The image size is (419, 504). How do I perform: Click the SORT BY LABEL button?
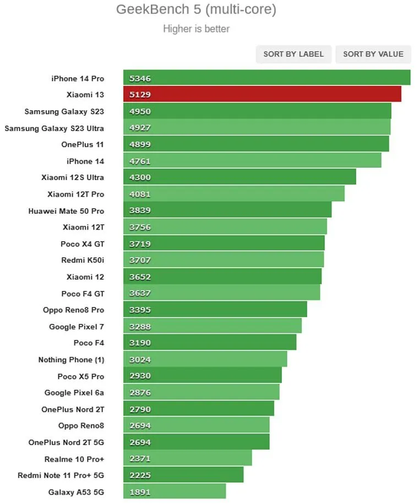tap(293, 54)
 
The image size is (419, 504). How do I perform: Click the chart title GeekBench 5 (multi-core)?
tap(196, 9)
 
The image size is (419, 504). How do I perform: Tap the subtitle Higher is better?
tap(196, 29)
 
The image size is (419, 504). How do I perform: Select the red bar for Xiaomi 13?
tap(262, 94)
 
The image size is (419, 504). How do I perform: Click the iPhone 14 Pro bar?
tap(266, 78)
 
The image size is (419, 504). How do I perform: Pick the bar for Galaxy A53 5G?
tap(175, 492)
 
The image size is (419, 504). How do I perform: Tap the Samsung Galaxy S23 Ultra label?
tap(54, 128)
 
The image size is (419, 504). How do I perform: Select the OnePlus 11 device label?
tap(83, 144)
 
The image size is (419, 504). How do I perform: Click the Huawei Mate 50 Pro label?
tap(66, 210)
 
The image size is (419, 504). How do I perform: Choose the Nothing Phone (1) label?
tap(71, 360)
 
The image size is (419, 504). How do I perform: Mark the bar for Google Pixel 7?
tap(213, 326)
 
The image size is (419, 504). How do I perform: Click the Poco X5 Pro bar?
tap(203, 376)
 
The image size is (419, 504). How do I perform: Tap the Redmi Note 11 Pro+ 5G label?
tap(61, 475)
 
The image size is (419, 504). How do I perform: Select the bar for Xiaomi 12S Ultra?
tap(240, 177)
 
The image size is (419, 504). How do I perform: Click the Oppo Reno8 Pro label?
tap(73, 310)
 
